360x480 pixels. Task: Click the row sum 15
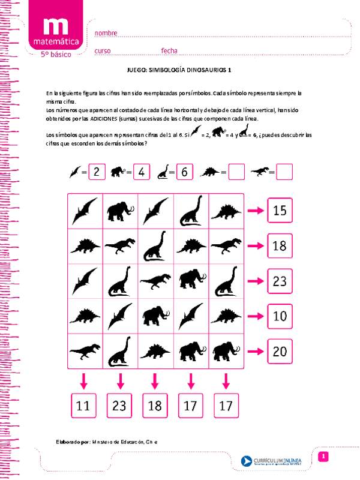[x=280, y=210]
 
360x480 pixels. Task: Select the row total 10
[x=280, y=316]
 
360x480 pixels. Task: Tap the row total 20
[x=280, y=351]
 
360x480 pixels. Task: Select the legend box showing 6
[x=184, y=172]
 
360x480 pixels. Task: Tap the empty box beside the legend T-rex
[x=284, y=172]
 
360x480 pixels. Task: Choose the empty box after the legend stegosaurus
[x=236, y=172]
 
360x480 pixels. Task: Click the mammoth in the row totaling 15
[x=120, y=211]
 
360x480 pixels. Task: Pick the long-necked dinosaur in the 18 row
[x=155, y=246]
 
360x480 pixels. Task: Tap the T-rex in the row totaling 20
[x=85, y=350]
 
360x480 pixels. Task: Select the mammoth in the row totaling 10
[x=155, y=315]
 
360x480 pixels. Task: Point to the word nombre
[x=106, y=33]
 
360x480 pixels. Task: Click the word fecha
[x=168, y=51]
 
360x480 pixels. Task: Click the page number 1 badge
[x=322, y=457]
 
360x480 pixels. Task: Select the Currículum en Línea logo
[x=274, y=460]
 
